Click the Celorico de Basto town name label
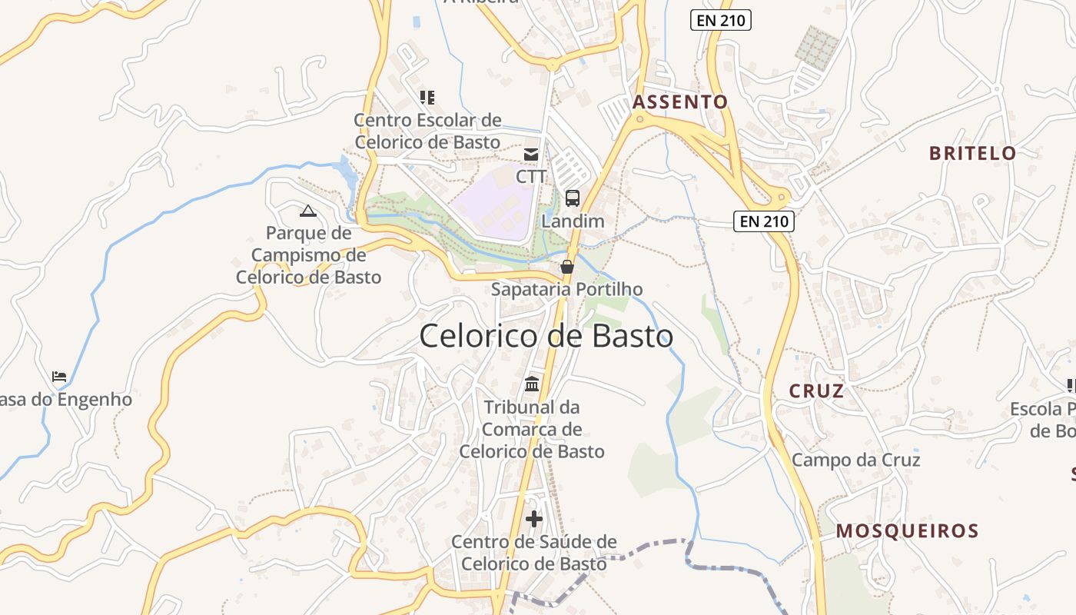(x=546, y=336)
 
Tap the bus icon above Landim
(x=573, y=198)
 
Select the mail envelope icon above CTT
(x=531, y=154)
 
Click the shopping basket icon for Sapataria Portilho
(x=567, y=267)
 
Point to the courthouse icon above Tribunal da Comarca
(x=532, y=384)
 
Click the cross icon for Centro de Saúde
(x=534, y=519)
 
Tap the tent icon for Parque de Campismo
(x=308, y=211)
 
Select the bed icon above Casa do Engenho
(x=59, y=377)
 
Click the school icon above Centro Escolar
(x=427, y=98)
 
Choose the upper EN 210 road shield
(x=721, y=20)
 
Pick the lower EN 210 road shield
(x=763, y=222)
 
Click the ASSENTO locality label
(x=679, y=101)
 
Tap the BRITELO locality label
(x=972, y=153)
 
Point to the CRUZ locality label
(x=816, y=391)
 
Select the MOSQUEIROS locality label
(x=907, y=530)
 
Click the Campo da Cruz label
(x=855, y=460)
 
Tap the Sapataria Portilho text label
(x=566, y=289)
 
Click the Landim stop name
(x=573, y=221)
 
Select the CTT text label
(x=531, y=176)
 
